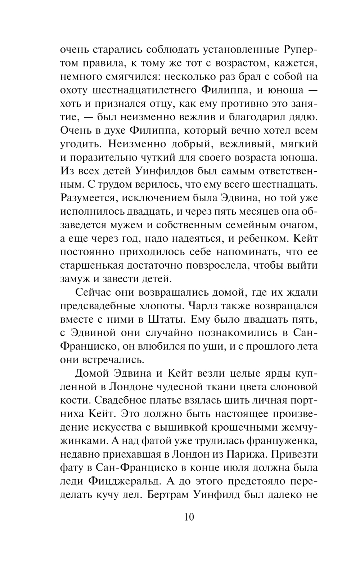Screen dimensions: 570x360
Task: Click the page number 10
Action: point(189,517)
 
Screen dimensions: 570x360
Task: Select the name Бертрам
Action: point(168,495)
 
